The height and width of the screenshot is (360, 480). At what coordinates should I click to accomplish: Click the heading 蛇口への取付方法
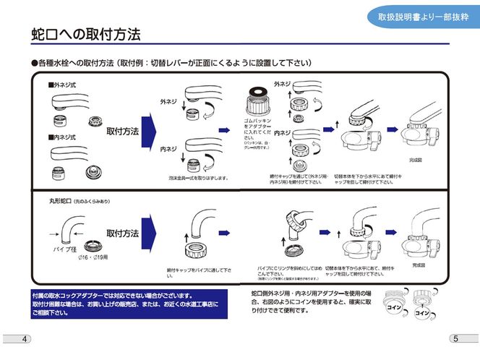(86, 34)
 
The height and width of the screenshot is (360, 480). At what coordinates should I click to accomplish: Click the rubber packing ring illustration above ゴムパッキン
(256, 98)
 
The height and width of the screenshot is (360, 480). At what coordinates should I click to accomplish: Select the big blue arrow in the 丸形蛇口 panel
(150, 234)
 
